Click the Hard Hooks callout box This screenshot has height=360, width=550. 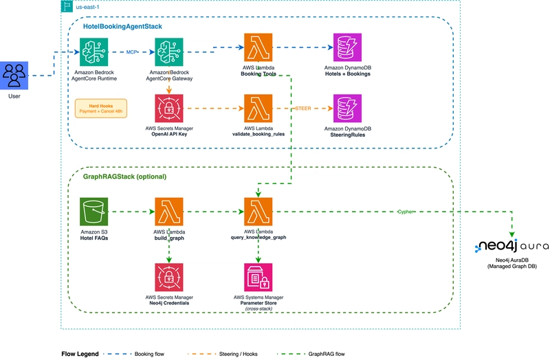pos(101,109)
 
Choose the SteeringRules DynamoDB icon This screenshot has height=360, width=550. pos(348,109)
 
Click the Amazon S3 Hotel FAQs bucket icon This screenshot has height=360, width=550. pos(96,212)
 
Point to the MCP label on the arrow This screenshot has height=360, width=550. pos(133,51)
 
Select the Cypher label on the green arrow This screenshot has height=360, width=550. pos(406,212)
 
